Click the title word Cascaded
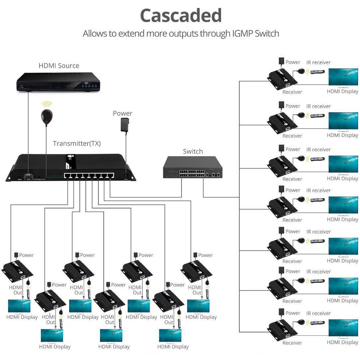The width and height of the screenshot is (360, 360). click(180, 16)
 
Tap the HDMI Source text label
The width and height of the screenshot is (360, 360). click(59, 65)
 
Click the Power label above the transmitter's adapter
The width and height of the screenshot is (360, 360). click(122, 113)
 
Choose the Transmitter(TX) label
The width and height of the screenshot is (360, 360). click(77, 144)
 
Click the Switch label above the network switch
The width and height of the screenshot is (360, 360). click(192, 152)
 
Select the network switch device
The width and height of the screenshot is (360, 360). click(192, 168)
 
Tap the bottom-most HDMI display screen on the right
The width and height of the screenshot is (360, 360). click(343, 328)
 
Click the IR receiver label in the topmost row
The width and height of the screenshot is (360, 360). click(318, 62)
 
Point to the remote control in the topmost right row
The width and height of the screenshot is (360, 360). click(317, 72)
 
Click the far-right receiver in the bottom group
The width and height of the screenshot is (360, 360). click(197, 271)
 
